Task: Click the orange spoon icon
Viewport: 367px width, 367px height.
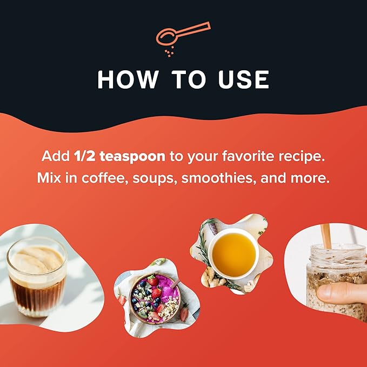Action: coord(183,35)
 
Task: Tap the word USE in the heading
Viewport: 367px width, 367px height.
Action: coord(243,79)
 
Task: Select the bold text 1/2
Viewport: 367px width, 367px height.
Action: coord(84,156)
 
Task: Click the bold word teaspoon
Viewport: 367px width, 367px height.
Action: coord(132,157)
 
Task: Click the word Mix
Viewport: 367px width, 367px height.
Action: coord(49,178)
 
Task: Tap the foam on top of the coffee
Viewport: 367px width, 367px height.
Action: coord(37,261)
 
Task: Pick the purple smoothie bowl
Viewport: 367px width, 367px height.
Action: coord(155,299)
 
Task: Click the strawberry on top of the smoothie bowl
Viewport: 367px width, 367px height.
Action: coord(152,280)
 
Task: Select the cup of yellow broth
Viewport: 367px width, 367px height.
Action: coord(233,254)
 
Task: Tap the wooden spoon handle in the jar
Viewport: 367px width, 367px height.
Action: coord(326,236)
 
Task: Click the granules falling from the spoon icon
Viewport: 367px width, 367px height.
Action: coord(169,52)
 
